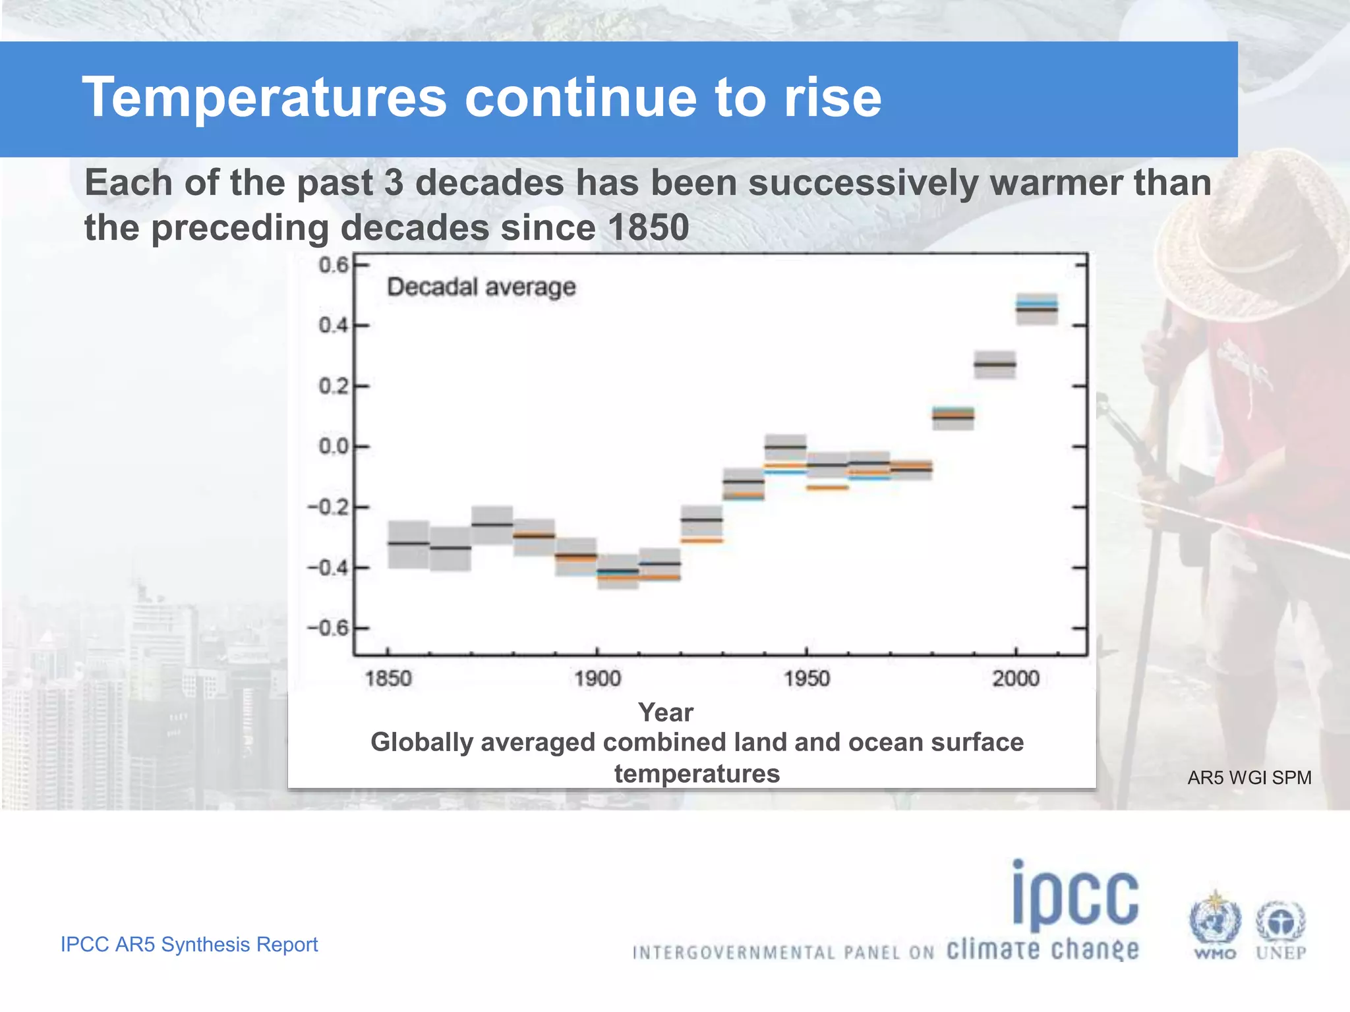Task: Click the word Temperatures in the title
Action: click(x=264, y=98)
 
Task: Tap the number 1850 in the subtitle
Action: click(x=648, y=228)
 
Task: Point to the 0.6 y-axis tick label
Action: click(x=333, y=265)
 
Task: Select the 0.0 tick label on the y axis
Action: click(x=333, y=447)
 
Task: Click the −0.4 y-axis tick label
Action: click(x=328, y=567)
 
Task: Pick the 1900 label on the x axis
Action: click(x=597, y=679)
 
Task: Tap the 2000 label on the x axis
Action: click(x=1016, y=679)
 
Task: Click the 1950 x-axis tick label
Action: click(x=806, y=679)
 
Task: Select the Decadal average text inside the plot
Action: click(x=481, y=287)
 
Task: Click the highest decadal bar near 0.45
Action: click(x=1036, y=308)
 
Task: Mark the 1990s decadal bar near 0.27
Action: click(x=995, y=364)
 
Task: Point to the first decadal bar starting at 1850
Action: click(x=409, y=544)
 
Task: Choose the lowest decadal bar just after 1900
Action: click(x=618, y=571)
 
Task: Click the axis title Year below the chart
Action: click(x=665, y=712)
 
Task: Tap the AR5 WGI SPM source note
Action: click(x=1248, y=777)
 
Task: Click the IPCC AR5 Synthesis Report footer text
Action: click(x=189, y=944)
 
